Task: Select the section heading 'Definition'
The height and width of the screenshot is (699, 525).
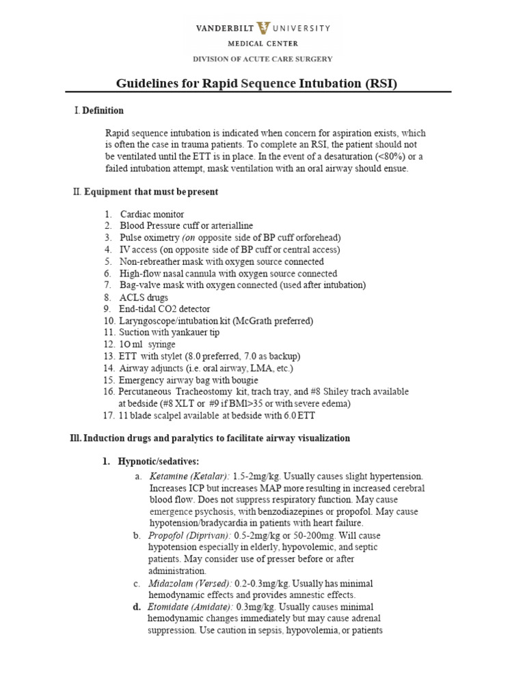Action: (103, 111)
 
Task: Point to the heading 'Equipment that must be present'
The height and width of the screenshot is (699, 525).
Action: (151, 192)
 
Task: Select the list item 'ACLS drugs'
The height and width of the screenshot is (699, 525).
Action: (144, 298)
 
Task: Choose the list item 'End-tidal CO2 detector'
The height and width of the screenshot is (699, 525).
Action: (165, 309)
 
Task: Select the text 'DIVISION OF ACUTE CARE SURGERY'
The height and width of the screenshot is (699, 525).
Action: (262, 59)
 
